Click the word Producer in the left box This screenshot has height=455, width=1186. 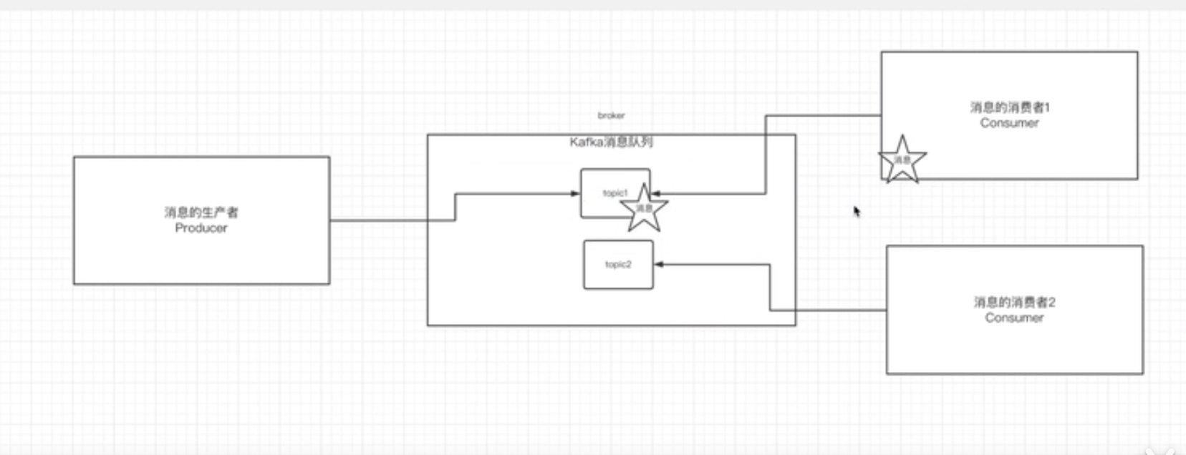click(201, 228)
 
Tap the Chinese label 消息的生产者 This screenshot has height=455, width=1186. click(201, 212)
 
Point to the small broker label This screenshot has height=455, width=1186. click(611, 115)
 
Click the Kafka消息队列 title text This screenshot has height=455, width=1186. click(611, 142)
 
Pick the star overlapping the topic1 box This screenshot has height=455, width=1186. click(644, 209)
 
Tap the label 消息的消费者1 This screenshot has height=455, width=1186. click(1009, 107)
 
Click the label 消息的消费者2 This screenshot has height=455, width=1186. click(1013, 302)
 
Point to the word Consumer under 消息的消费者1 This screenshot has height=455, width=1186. click(1009, 123)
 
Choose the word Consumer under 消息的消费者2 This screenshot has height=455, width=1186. click(1013, 318)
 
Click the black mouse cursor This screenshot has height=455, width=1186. click(857, 211)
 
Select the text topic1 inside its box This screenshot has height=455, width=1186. click(614, 193)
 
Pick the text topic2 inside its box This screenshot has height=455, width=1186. click(618, 265)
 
